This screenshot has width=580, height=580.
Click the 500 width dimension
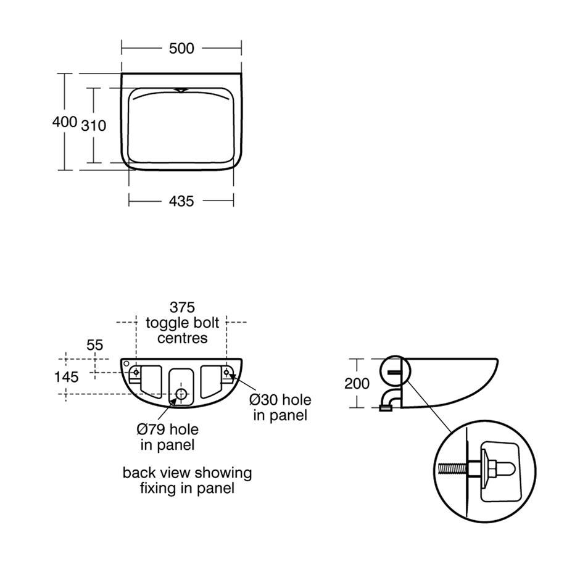coord(181,49)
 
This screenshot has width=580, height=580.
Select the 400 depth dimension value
coord(65,122)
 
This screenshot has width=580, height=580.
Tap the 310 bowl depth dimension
coord(94,126)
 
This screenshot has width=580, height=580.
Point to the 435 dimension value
coord(181,202)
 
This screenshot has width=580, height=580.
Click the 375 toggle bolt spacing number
coord(182,307)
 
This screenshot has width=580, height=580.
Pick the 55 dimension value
coord(94,345)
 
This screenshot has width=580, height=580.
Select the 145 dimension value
coord(67,377)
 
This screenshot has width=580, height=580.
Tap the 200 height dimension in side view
coord(357,384)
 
